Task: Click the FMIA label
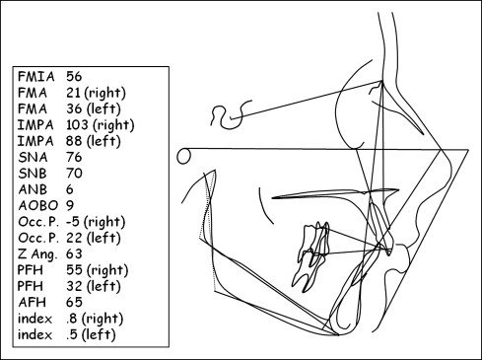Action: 36,77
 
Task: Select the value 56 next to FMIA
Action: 74,77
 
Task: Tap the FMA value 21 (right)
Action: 96,93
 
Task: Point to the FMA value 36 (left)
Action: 94,109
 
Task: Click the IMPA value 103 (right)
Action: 101,125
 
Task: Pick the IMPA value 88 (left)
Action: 94,141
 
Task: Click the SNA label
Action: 33,157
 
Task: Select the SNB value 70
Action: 74,174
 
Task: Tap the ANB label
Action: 33,189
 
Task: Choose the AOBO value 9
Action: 70,205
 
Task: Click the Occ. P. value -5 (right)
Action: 96,222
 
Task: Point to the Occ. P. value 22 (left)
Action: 94,238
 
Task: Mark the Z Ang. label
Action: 37,254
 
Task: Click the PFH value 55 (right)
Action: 97,270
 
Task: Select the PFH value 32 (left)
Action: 94,286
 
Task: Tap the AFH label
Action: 32,302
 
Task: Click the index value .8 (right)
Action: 95,319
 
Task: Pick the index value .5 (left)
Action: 91,334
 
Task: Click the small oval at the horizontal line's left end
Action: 177,156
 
